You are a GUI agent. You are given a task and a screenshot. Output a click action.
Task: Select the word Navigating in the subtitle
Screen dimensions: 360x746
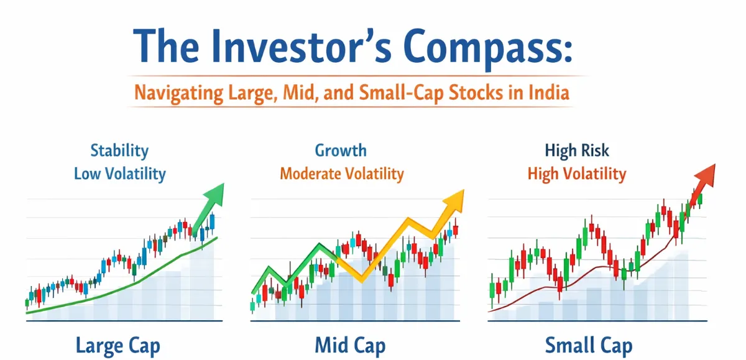pyautogui.click(x=172, y=94)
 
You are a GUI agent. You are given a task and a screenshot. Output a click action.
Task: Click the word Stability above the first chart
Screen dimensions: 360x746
pyautogui.click(x=119, y=150)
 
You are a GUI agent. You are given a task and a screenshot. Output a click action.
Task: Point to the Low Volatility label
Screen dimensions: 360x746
pyautogui.click(x=119, y=173)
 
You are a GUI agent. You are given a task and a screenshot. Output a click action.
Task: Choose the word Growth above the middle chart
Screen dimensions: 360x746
pyautogui.click(x=341, y=150)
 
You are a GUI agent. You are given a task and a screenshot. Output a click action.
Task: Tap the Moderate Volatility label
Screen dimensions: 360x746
pyautogui.click(x=341, y=173)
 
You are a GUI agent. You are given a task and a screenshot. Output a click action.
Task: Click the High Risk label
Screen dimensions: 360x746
pyautogui.click(x=576, y=150)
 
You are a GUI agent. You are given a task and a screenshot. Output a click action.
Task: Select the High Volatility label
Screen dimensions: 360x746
pyautogui.click(x=576, y=173)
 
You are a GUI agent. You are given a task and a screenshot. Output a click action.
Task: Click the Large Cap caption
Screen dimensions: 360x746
pyautogui.click(x=117, y=345)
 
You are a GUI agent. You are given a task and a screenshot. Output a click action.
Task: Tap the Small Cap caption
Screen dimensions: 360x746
pyautogui.click(x=588, y=345)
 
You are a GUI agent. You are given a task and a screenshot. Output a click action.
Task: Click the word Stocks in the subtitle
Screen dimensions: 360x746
pyautogui.click(x=481, y=94)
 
